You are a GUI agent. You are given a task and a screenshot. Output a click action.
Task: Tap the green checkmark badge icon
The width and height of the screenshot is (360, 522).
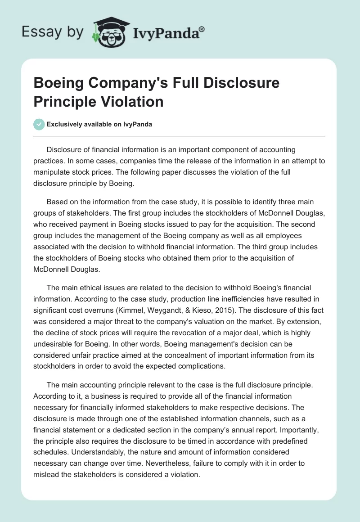point(39,125)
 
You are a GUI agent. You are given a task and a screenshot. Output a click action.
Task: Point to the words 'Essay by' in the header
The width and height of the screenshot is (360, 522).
point(52,31)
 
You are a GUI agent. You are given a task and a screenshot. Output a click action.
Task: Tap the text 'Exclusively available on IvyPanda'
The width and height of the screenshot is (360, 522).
point(99,125)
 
